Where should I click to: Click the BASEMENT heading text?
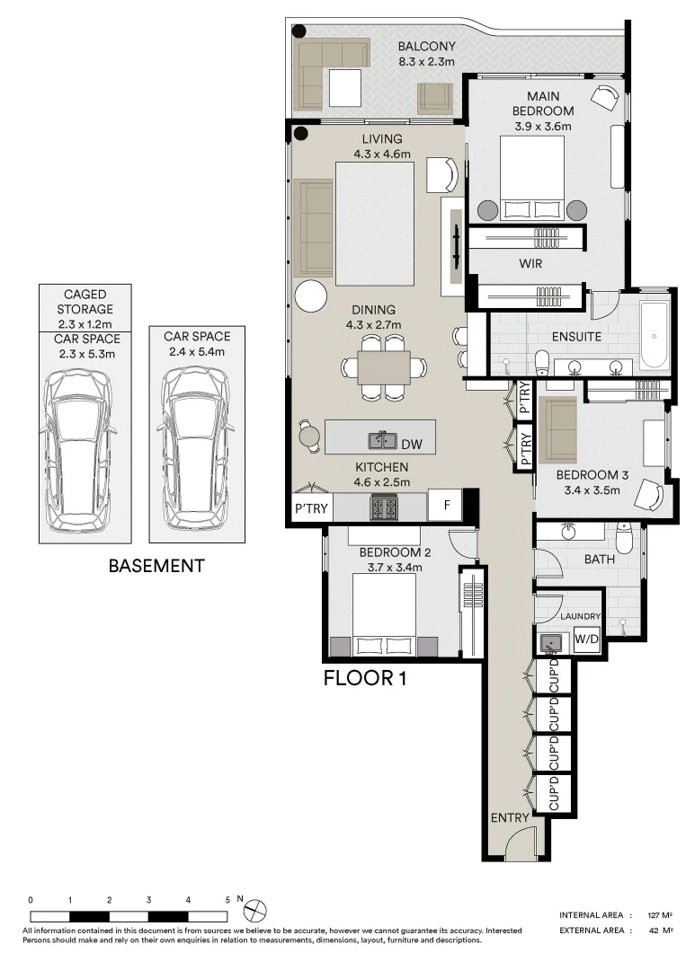(x=156, y=567)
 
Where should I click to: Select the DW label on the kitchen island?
(x=412, y=444)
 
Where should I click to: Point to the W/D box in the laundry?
(x=586, y=640)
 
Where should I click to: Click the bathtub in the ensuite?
(x=654, y=335)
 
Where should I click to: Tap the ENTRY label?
(x=510, y=818)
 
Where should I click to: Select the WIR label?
(x=530, y=265)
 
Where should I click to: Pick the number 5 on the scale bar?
(x=227, y=899)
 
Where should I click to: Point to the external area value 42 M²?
(x=663, y=931)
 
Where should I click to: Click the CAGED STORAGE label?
(x=85, y=301)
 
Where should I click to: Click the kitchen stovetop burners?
(x=385, y=508)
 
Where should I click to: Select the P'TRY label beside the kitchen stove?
(x=311, y=508)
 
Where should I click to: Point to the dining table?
(x=384, y=367)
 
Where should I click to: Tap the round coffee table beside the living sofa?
(x=311, y=295)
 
